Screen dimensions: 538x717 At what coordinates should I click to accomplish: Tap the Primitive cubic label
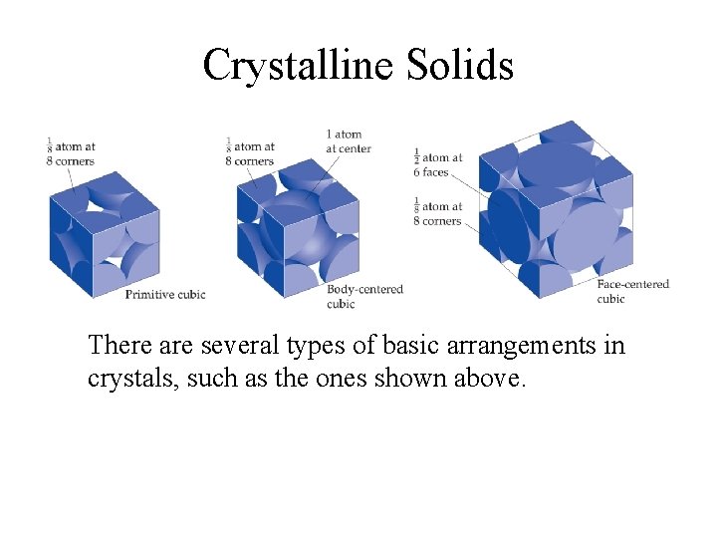tap(164, 294)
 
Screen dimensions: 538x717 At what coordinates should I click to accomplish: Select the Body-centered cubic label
tap(364, 296)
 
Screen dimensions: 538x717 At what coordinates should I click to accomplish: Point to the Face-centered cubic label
tap(632, 291)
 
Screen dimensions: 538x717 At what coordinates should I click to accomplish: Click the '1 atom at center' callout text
tap(348, 141)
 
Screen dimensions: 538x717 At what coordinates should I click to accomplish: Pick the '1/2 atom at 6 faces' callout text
tap(437, 164)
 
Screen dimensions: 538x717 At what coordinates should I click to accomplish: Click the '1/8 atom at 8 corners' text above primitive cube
tap(70, 153)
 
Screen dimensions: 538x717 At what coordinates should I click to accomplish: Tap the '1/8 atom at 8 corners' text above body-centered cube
tap(250, 153)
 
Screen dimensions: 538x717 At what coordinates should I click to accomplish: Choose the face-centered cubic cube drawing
tap(556, 210)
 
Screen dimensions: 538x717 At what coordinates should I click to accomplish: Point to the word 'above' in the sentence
tap(486, 380)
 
